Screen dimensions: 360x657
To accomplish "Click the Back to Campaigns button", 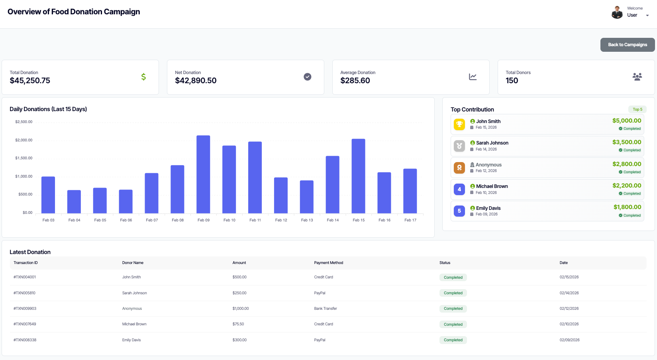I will pyautogui.click(x=627, y=45).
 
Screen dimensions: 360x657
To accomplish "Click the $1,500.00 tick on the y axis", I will pyautogui.click(x=24, y=158).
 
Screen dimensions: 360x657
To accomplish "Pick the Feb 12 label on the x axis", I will pyautogui.click(x=281, y=220).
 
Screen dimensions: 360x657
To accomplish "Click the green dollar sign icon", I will pyautogui.click(x=143, y=77).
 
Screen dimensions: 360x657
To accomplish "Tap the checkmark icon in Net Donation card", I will pyautogui.click(x=307, y=77).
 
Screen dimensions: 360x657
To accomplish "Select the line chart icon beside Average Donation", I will pyautogui.click(x=473, y=77).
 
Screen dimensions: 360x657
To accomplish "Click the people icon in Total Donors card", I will pyautogui.click(x=637, y=77).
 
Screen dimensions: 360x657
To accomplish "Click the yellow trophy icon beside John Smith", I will pyautogui.click(x=459, y=124).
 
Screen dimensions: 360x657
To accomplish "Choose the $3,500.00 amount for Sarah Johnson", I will pyautogui.click(x=626, y=142).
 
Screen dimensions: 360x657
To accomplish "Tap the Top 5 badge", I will pyautogui.click(x=637, y=110).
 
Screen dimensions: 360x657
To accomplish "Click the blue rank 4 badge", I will pyautogui.click(x=459, y=190).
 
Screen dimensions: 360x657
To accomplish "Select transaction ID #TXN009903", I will pyautogui.click(x=25, y=309).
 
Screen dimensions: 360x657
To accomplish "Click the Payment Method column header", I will pyautogui.click(x=328, y=263).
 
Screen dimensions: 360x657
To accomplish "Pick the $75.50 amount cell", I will pyautogui.click(x=238, y=324).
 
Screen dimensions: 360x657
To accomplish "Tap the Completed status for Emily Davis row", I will pyautogui.click(x=453, y=340).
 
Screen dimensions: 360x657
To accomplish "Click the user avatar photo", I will pyautogui.click(x=617, y=12).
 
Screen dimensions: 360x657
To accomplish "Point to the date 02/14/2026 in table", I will pyautogui.click(x=569, y=293).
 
